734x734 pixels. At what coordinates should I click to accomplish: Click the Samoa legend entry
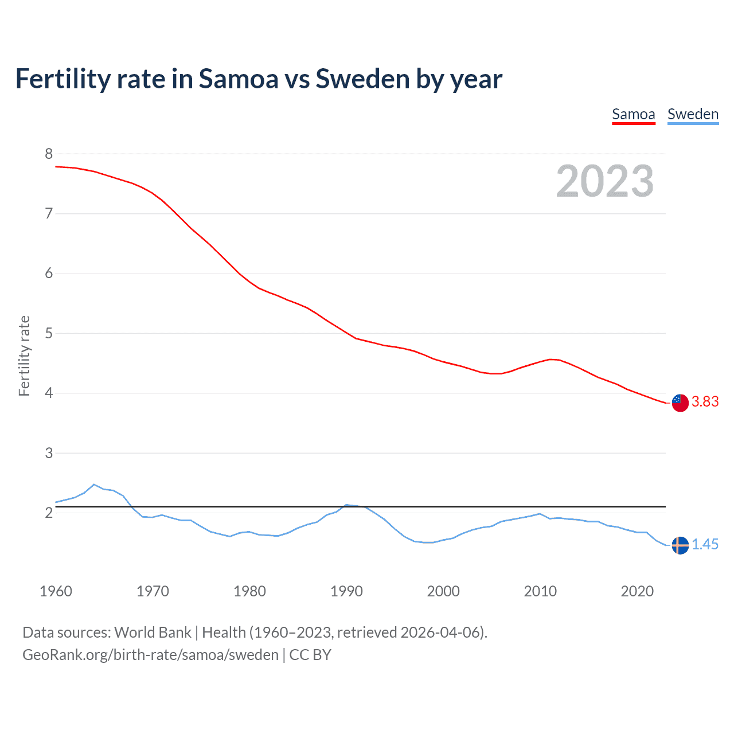point(633,114)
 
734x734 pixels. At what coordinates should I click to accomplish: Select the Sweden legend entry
point(693,114)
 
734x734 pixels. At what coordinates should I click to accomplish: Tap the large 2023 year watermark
point(604,181)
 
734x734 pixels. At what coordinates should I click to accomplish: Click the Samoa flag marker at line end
point(680,403)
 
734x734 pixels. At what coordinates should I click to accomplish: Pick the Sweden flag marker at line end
point(680,545)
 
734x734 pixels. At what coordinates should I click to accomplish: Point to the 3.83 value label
point(705,402)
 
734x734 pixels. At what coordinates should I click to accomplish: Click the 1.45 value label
point(705,544)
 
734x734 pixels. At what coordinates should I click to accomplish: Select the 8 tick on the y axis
point(49,154)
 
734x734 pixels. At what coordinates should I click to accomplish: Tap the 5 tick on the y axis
point(49,333)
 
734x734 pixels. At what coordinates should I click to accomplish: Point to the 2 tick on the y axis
point(49,513)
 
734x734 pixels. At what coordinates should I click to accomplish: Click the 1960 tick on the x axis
point(56,591)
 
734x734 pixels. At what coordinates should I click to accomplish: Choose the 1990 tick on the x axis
point(346,591)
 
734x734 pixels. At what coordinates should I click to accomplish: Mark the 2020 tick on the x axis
point(637,591)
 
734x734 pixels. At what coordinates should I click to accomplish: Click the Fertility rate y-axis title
point(24,356)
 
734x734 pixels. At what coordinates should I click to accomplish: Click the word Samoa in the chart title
point(238,79)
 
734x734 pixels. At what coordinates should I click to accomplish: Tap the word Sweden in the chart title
point(362,79)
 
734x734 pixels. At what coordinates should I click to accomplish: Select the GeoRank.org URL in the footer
point(150,655)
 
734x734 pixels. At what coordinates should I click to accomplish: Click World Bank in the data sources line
point(153,633)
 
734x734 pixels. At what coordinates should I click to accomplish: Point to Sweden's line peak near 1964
point(94,485)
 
